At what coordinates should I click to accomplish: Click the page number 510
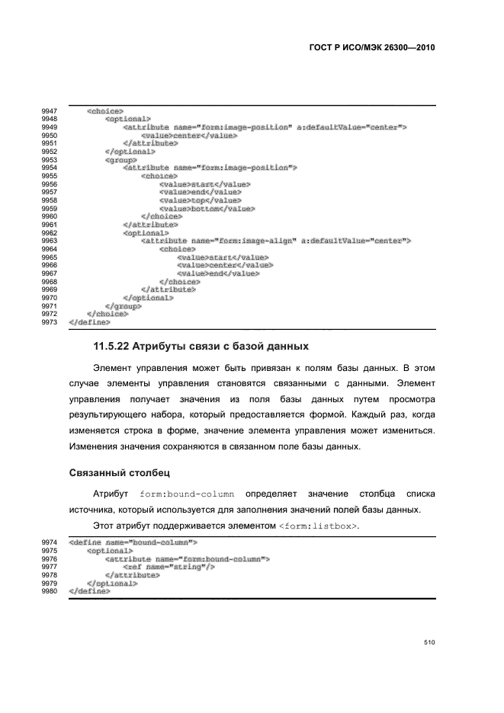pos(429,643)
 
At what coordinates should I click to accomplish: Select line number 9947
pos(50,112)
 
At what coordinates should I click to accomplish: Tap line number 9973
pos(50,322)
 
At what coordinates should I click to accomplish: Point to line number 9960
pos(50,217)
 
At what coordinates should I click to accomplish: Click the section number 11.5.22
pos(110,347)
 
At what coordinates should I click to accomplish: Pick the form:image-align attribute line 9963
pos(275,241)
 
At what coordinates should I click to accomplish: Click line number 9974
pos(50,543)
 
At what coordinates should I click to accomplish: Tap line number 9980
pos(50,591)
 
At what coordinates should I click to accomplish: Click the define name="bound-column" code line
pos(133,543)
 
